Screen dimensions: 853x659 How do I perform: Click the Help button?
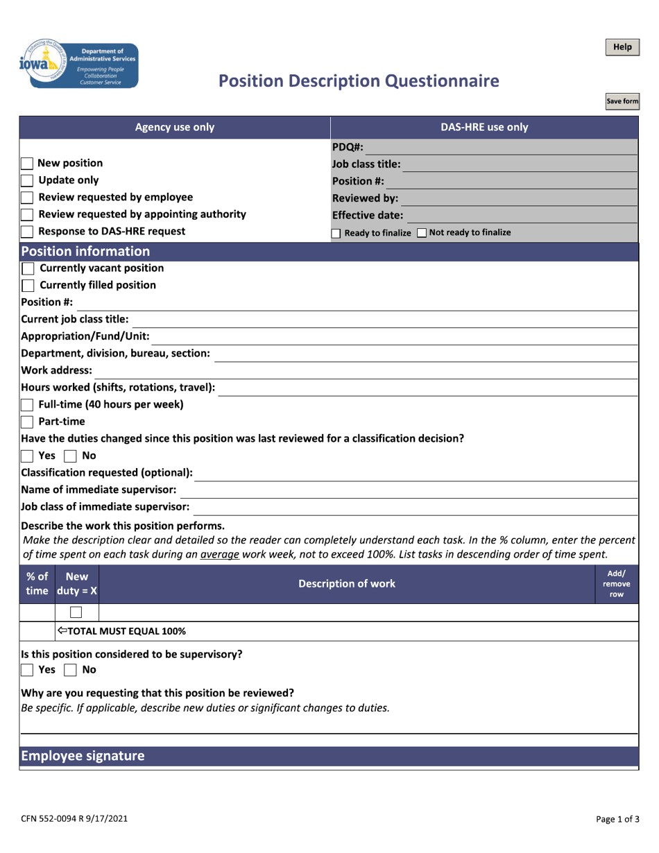[622, 47]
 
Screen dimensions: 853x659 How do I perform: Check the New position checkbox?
[27, 164]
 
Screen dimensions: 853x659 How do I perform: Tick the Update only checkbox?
[27, 180]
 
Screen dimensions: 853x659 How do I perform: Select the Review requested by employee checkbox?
[27, 198]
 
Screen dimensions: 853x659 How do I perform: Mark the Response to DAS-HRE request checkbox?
[27, 232]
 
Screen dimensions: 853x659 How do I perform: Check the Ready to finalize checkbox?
[336, 234]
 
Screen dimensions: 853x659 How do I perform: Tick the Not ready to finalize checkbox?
[422, 233]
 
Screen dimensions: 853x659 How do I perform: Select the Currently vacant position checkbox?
[28, 268]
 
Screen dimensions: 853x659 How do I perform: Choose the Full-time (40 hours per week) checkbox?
[28, 404]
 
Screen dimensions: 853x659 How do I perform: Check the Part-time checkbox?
[28, 422]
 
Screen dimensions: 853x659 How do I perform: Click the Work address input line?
[365, 370]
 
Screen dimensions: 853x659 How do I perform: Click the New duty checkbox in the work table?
[76, 612]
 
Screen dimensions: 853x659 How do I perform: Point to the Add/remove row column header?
[617, 584]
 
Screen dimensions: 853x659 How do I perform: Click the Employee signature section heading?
[83, 756]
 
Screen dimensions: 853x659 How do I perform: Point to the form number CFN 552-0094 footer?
[74, 819]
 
